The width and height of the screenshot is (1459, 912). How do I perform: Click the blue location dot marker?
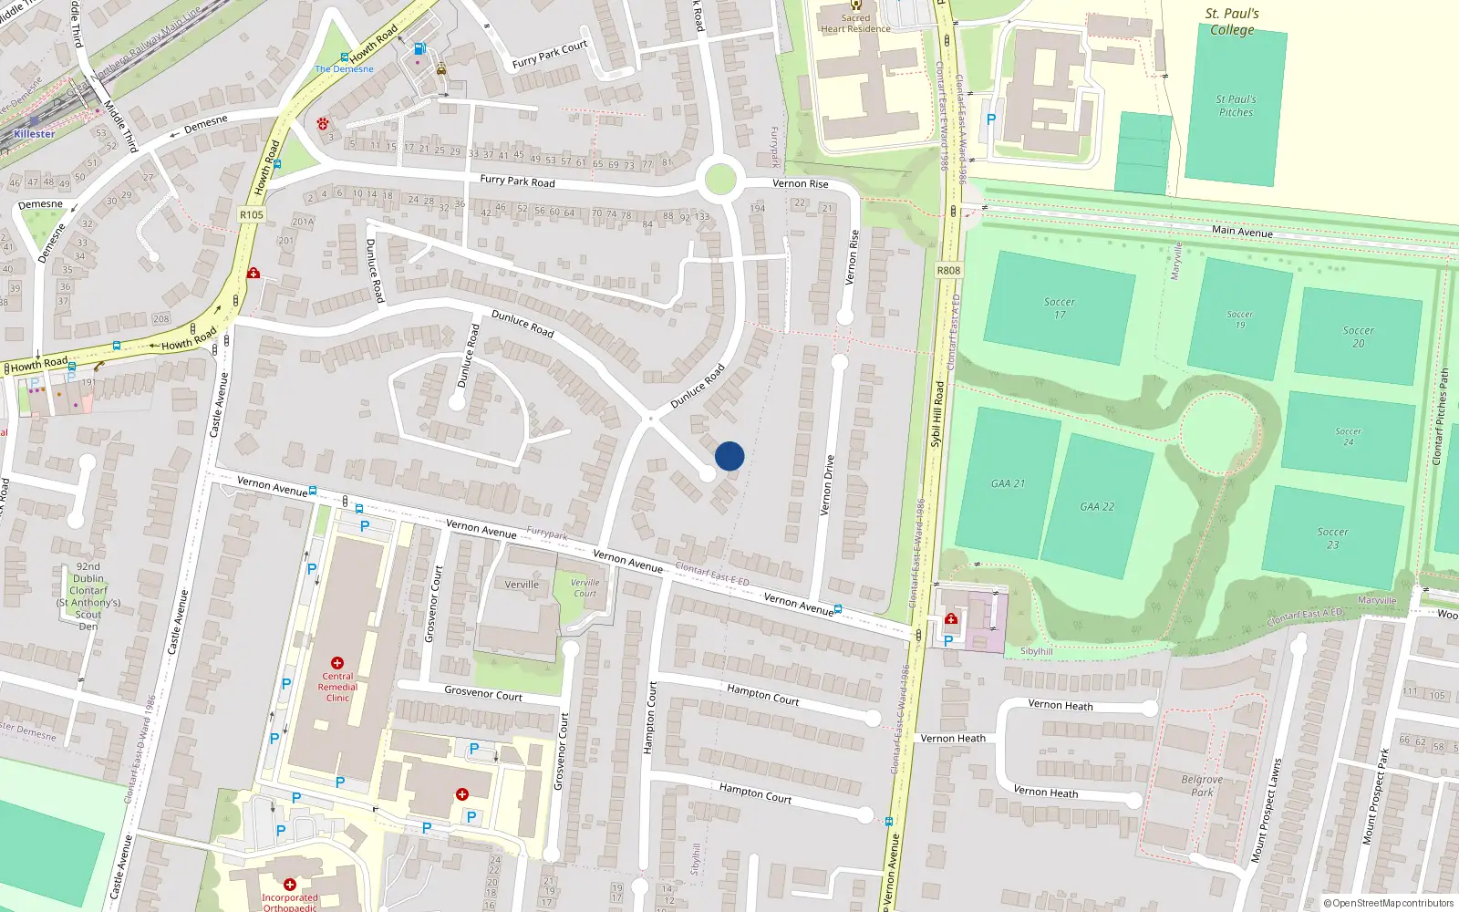tap(729, 456)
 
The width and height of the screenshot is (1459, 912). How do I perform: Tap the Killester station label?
tap(35, 134)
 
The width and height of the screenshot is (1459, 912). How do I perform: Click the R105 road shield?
tap(252, 215)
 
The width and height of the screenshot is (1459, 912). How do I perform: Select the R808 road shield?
tap(948, 270)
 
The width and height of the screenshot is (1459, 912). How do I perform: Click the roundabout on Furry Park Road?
tap(719, 179)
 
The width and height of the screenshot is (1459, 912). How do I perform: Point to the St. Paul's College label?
tap(1232, 22)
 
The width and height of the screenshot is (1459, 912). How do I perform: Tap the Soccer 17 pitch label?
tap(1059, 308)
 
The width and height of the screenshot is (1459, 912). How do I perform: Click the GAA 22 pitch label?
tap(1097, 507)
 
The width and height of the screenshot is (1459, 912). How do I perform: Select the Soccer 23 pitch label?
tap(1332, 538)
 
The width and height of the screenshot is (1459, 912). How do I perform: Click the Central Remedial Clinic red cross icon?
tap(337, 663)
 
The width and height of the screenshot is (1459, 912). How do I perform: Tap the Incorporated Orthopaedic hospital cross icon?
tap(290, 885)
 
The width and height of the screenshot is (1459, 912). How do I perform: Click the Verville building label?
tap(522, 585)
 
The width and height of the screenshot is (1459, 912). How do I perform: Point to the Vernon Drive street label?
tap(828, 485)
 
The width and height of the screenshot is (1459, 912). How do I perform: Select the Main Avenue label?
tap(1242, 232)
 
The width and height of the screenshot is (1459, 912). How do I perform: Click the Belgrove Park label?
tap(1202, 786)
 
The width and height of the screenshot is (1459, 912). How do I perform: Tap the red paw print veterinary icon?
tap(323, 123)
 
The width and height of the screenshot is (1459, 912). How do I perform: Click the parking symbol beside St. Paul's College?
tap(991, 119)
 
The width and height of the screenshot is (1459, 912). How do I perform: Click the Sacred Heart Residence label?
tap(855, 23)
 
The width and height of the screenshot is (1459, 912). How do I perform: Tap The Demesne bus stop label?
tap(344, 68)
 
